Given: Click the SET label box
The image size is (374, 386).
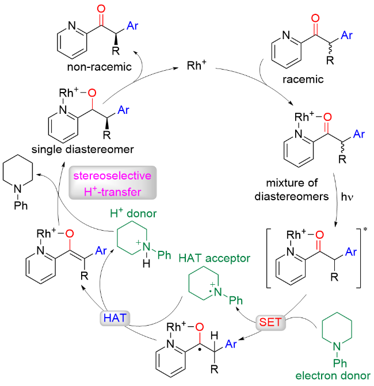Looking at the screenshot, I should pyautogui.click(x=270, y=322).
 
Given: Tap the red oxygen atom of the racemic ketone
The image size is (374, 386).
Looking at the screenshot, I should pyautogui.click(x=314, y=20).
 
